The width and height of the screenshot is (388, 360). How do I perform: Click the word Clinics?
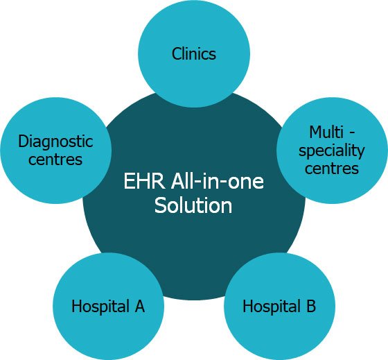[194, 54]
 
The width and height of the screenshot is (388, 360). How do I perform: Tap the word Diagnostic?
[55, 142]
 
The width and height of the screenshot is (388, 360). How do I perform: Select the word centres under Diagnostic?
[55, 160]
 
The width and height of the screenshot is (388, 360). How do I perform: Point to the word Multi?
[326, 132]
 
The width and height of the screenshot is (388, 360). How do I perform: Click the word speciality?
[332, 151]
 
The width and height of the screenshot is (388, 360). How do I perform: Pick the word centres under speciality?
[332, 169]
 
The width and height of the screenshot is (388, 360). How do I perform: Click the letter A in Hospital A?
[139, 306]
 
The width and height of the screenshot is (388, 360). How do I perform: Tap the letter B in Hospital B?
[311, 306]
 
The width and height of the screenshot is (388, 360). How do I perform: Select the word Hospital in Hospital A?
[100, 307]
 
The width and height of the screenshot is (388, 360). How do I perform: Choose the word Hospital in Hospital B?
[272, 307]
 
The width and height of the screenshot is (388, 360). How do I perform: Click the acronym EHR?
[144, 181]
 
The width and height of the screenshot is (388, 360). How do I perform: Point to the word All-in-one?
[218, 181]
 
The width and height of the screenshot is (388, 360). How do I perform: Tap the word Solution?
[193, 205]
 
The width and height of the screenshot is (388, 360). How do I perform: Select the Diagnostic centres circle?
[56, 151]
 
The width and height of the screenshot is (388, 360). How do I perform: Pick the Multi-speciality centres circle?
[332, 151]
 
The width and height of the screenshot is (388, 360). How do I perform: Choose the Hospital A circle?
[108, 306]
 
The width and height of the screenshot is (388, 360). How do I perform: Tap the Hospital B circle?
[280, 306]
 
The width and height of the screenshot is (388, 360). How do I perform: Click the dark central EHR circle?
[194, 235]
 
